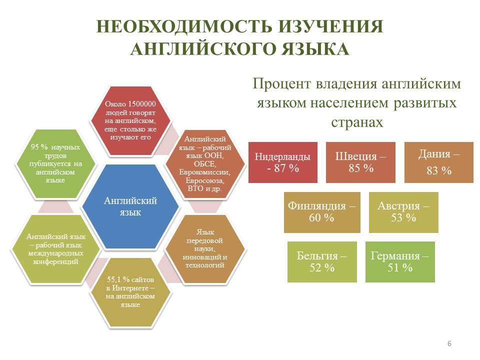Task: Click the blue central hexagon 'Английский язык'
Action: pyautogui.click(x=130, y=206)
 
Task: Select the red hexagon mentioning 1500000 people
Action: pyautogui.click(x=130, y=120)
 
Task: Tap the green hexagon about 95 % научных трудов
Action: pyautogui.click(x=55, y=164)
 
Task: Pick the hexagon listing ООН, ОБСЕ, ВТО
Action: pyautogui.click(x=205, y=164)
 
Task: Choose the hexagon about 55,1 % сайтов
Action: pyautogui.click(x=130, y=292)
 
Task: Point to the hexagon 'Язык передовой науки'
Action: pyautogui.click(x=205, y=249)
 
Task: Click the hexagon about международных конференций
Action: pyautogui.click(x=55, y=249)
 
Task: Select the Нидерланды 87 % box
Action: pyautogui.click(x=283, y=162)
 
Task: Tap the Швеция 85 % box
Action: pyautogui.click(x=360, y=162)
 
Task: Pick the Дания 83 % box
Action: pyautogui.click(x=439, y=162)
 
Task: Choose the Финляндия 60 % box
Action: pyautogui.click(x=322, y=212)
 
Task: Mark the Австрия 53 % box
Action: pyautogui.click(x=403, y=212)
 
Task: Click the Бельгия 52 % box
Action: pyautogui.click(x=322, y=261)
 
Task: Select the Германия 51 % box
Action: pyautogui.click(x=400, y=261)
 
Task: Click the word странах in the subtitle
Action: pyautogui.click(x=357, y=122)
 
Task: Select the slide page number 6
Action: pyautogui.click(x=449, y=343)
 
